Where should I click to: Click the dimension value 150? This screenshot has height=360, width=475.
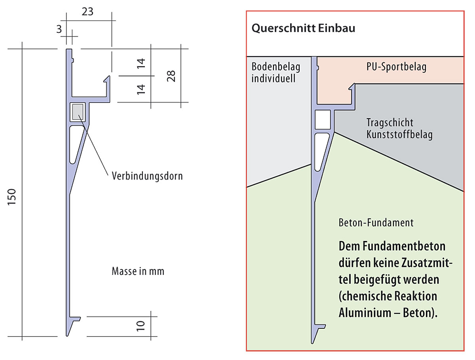pos(11,197)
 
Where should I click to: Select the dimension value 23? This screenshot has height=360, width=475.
pos(87,11)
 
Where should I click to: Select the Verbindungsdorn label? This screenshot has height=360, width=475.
pos(147,176)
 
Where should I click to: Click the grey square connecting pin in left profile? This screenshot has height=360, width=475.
pos(78,112)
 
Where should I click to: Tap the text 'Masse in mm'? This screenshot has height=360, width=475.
pos(138,271)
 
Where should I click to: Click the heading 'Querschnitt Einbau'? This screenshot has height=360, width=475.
pos(303,28)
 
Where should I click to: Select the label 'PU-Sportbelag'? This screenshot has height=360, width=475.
pos(396,67)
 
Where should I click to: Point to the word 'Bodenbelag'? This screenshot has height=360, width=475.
pos(276,67)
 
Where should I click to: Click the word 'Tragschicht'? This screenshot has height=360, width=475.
pos(389,122)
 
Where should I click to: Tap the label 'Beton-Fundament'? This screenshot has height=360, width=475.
pos(376,223)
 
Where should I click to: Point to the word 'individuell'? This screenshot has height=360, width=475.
pos(274,78)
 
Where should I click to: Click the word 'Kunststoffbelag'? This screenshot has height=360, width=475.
pos(399,135)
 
